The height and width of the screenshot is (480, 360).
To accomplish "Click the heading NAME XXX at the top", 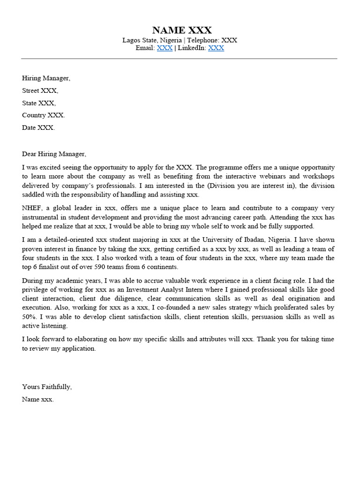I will pyautogui.click(x=182, y=30).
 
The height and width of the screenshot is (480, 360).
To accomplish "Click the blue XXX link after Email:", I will pyautogui.click(x=165, y=48).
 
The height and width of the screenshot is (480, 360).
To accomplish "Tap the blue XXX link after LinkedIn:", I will pyautogui.click(x=216, y=48).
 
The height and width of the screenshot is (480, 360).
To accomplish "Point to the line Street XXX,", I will pyautogui.click(x=40, y=90).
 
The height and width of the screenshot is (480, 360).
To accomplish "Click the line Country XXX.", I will pyautogui.click(x=44, y=115).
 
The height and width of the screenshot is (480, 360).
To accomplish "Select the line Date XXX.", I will pyautogui.click(x=38, y=127).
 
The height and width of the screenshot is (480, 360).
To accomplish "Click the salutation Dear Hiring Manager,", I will pyautogui.click(x=54, y=154).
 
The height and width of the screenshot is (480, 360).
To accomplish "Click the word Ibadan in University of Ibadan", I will pyautogui.click(x=255, y=240).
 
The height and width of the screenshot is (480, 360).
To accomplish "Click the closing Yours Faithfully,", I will pyautogui.click(x=47, y=387).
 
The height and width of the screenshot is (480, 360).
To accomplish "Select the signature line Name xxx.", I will pyautogui.click(x=38, y=399).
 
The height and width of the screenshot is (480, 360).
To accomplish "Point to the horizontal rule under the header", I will pyautogui.click(x=179, y=59).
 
